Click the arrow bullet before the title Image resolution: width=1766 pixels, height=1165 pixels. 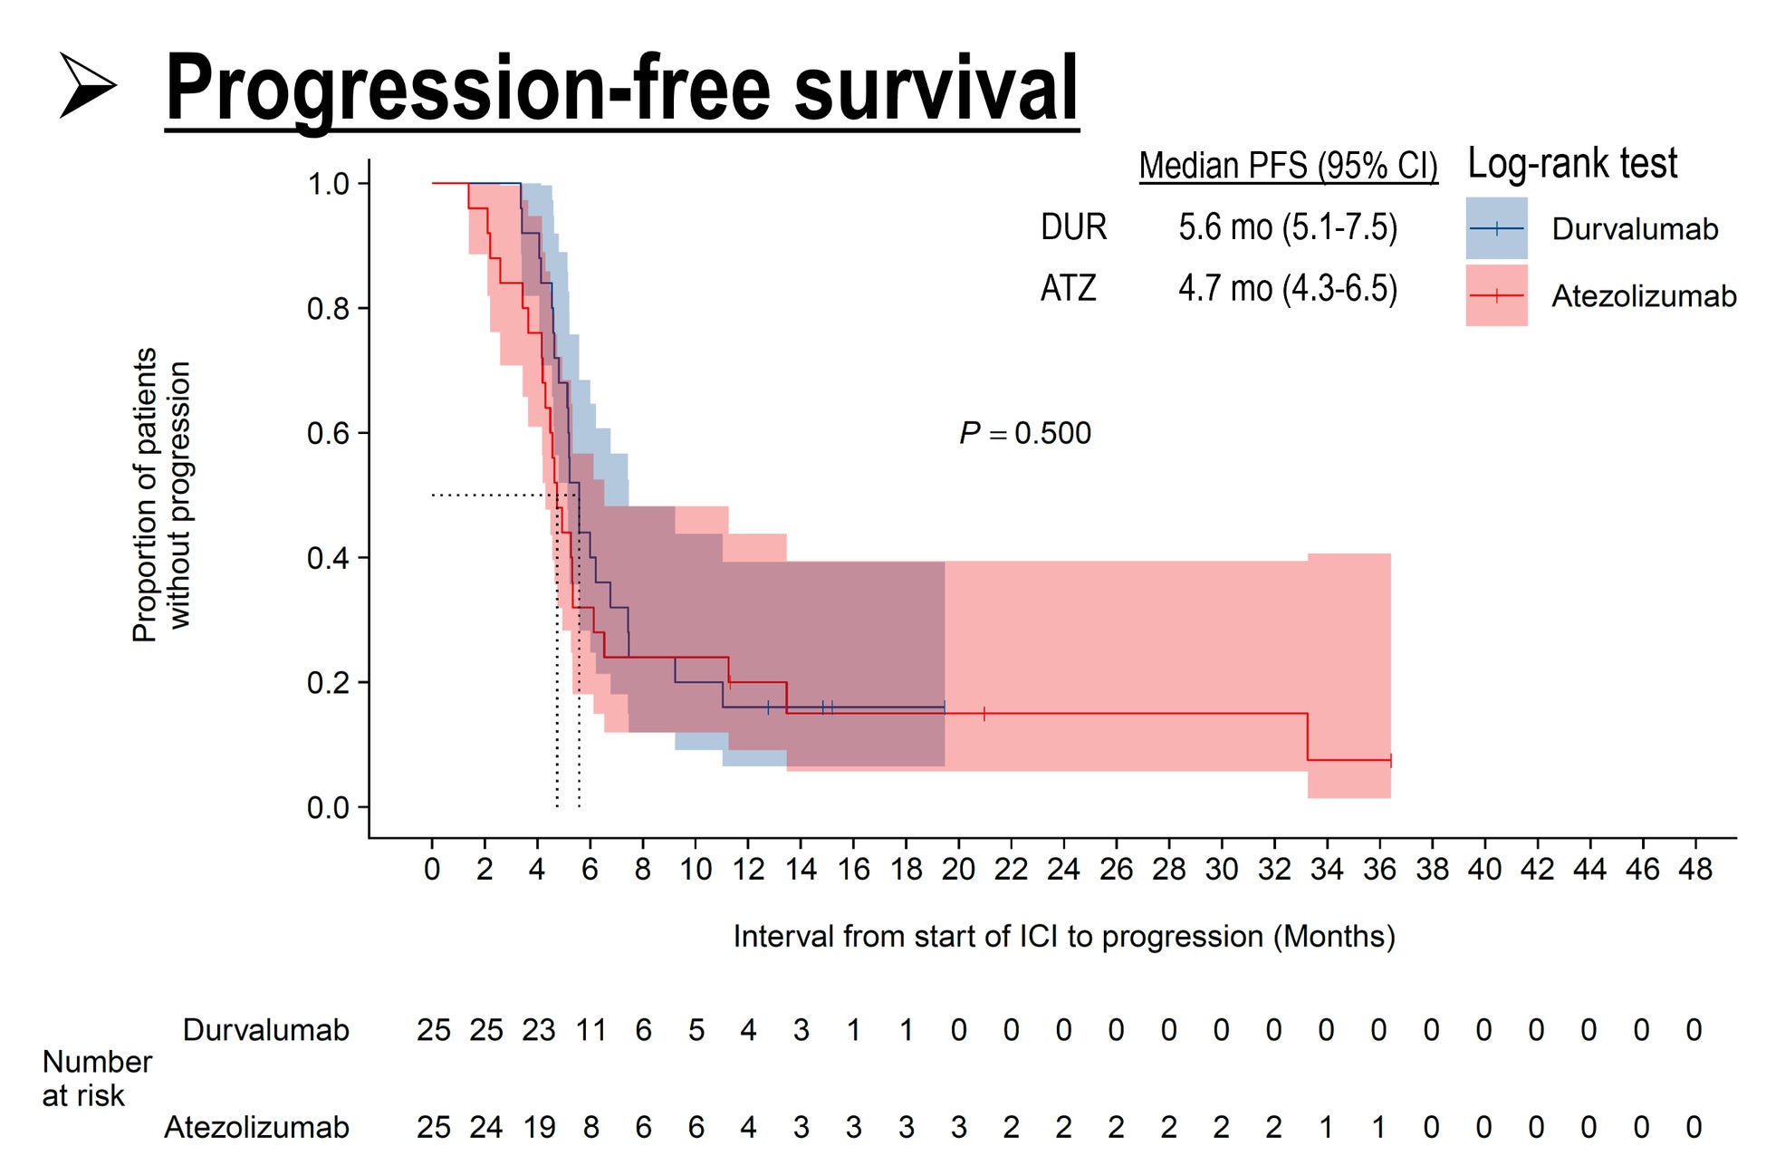pos(88,85)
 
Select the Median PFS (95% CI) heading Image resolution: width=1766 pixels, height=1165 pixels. pos(1288,166)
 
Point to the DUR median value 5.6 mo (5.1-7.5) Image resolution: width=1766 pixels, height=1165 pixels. pos(1287,226)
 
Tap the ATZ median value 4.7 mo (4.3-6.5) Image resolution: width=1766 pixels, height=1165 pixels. pos(1287,288)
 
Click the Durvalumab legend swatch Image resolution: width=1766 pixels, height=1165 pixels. pos(1496,228)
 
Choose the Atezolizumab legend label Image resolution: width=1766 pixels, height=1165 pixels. pos(1643,296)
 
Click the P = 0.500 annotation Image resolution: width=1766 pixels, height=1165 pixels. pos(1025,433)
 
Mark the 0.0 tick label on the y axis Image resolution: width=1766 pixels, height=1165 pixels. pos(328,807)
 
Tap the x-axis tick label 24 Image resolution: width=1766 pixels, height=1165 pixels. pos(1063,870)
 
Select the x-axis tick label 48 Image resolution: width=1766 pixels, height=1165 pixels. pos(1694,870)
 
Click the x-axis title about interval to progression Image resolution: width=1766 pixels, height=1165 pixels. pos(1063,936)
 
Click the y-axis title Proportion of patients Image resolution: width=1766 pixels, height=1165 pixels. pos(145,495)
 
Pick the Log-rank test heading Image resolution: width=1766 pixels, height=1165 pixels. pos(1572,164)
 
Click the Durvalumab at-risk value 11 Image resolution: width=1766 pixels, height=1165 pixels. pos(590,1030)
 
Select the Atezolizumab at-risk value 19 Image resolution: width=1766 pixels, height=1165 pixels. pos(539,1127)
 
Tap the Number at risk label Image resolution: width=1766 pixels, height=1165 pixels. pos(96,1078)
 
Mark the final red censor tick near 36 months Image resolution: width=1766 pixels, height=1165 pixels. pos(1390,761)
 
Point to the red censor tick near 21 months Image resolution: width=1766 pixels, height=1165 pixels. pos(984,714)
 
